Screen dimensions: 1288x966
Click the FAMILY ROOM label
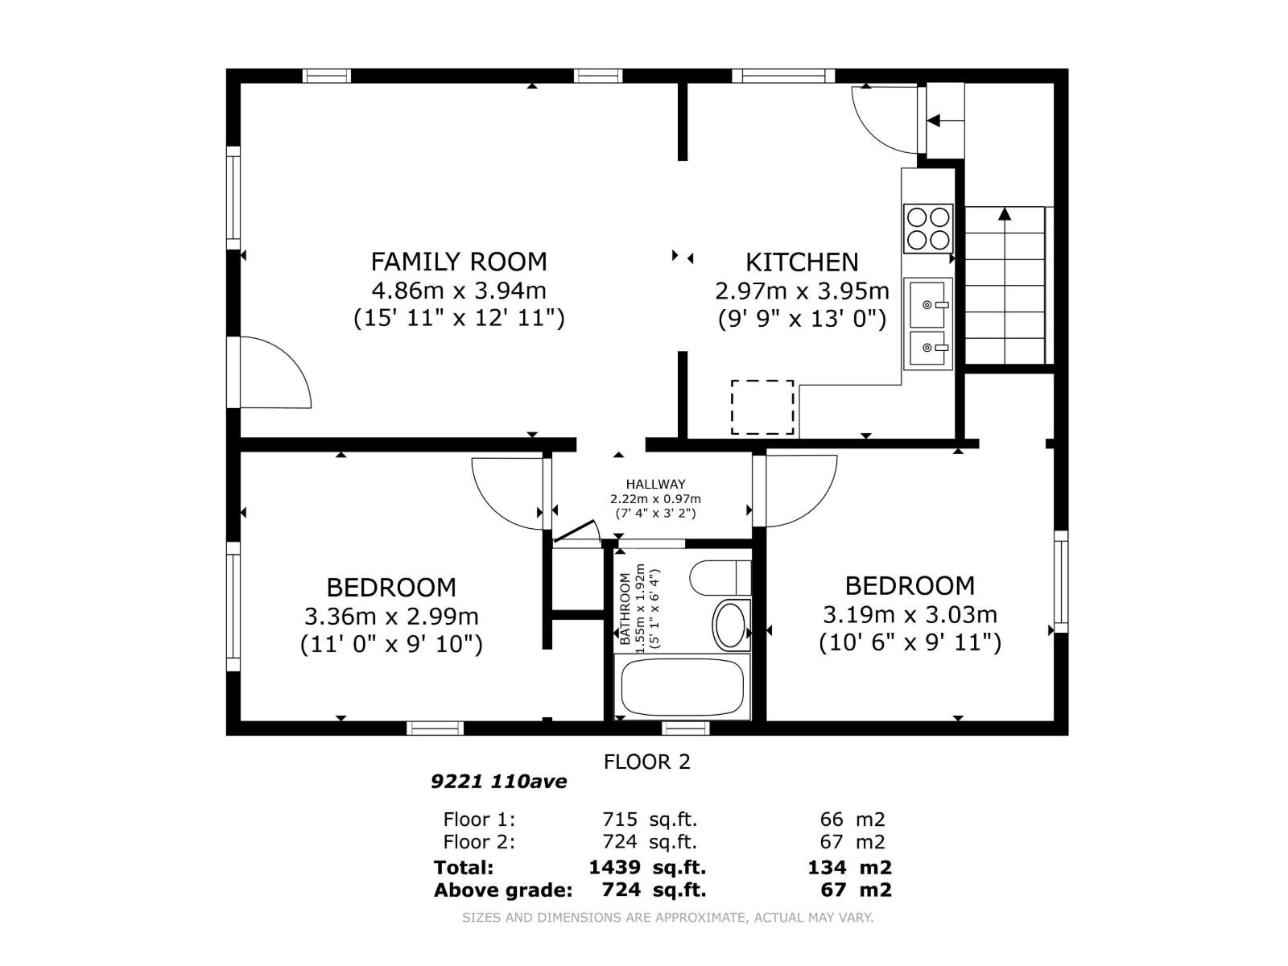458,262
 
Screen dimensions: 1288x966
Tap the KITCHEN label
802,262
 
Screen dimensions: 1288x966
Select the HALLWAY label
655,485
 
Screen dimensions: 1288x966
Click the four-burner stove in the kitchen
927,228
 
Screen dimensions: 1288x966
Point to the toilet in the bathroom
720,578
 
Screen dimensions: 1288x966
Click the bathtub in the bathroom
682,687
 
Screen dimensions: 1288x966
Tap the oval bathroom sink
731,625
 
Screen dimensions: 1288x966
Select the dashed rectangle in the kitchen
762,407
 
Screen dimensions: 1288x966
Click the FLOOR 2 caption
646,762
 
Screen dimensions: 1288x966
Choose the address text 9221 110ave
499,782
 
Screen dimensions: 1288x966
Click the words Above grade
503,890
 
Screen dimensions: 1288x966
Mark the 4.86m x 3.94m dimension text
458,291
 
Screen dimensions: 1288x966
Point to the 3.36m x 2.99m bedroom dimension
391,617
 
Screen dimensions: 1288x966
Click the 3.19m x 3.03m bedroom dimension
910,615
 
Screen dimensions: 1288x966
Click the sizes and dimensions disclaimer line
668,918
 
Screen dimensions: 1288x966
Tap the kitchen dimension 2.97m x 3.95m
802,291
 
